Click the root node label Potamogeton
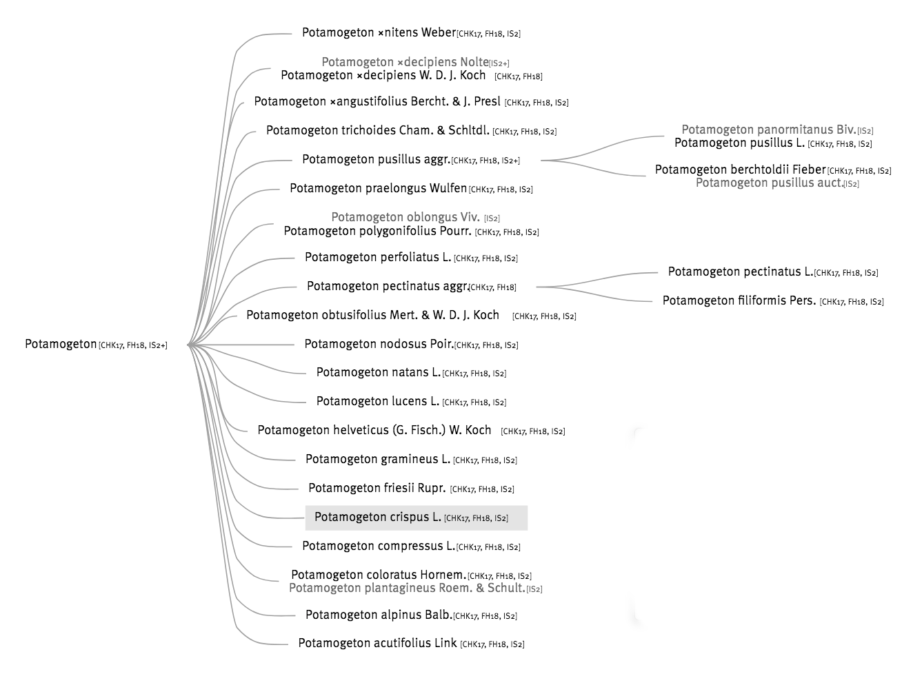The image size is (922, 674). (x=61, y=344)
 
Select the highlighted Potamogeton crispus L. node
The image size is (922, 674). (x=416, y=518)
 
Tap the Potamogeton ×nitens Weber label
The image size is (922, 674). (x=379, y=32)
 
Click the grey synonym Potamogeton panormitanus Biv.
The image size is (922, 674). (x=769, y=130)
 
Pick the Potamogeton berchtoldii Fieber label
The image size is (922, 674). (x=741, y=170)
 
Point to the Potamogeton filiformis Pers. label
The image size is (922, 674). (x=739, y=300)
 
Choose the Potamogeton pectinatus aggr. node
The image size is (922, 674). (x=388, y=286)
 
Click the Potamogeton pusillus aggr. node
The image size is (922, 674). (x=377, y=160)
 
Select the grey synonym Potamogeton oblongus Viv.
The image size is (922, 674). (x=405, y=217)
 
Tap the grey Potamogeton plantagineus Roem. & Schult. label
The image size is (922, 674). (x=407, y=588)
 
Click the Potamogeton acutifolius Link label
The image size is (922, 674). (x=377, y=643)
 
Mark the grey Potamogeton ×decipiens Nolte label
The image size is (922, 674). (x=405, y=62)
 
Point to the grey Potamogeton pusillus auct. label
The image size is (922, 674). (x=770, y=183)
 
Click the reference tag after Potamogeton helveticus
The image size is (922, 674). (x=533, y=431)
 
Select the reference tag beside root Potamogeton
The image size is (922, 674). (x=133, y=345)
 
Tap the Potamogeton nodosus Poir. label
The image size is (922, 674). (x=379, y=344)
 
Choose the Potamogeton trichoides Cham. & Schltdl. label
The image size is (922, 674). (x=378, y=130)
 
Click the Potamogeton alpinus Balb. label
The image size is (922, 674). (x=379, y=615)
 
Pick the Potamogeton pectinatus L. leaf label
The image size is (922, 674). (x=741, y=272)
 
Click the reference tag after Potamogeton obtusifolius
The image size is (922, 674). (x=544, y=316)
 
